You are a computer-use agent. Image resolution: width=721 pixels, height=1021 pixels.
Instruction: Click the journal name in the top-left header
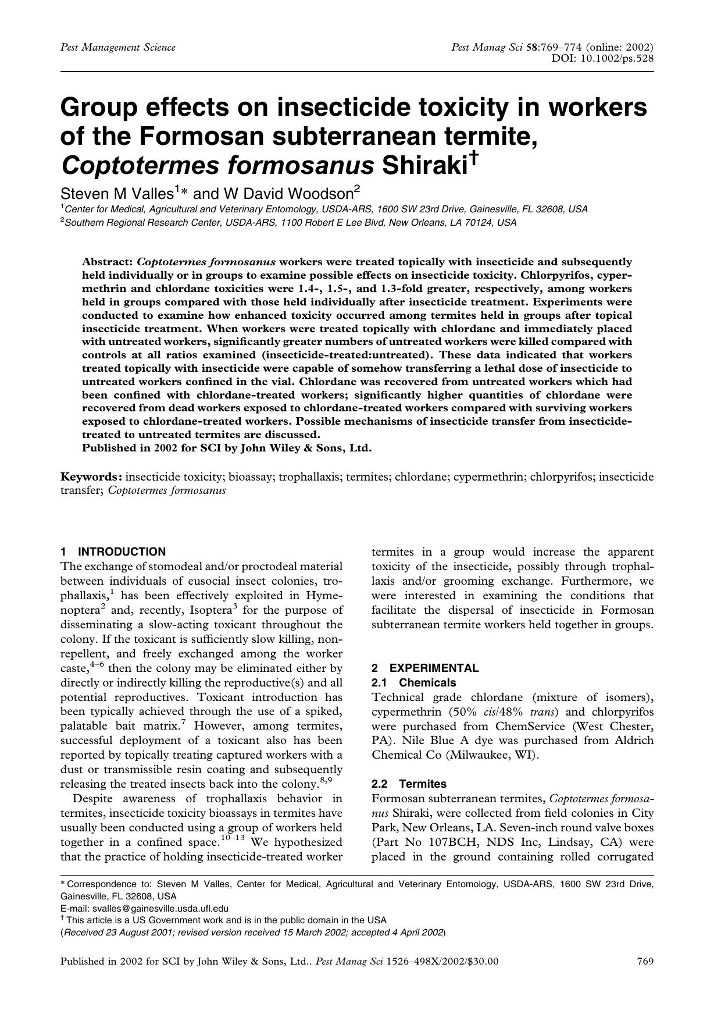[x=118, y=47]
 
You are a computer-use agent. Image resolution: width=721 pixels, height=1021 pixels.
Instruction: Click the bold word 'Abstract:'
[x=108, y=262]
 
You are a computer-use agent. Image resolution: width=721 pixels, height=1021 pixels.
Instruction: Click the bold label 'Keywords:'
[x=91, y=477]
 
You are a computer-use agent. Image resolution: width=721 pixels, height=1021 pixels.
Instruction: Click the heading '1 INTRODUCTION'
[x=113, y=552]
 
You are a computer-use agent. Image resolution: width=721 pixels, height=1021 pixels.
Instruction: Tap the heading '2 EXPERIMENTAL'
[x=426, y=668]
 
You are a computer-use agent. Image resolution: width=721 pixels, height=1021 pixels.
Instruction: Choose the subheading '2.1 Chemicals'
[x=414, y=682]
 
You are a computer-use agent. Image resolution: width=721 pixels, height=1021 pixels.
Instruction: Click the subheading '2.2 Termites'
[x=409, y=784]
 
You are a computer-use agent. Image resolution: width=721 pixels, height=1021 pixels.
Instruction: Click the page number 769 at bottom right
[x=645, y=961]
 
